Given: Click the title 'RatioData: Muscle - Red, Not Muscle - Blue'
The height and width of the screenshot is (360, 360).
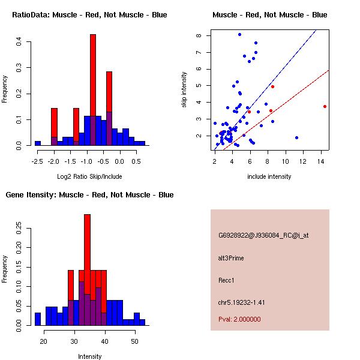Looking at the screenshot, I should tap(89, 15).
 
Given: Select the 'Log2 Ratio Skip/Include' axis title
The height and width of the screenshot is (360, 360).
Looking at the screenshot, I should tap(89, 176).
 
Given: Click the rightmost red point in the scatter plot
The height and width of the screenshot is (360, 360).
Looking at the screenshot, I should tap(325, 106).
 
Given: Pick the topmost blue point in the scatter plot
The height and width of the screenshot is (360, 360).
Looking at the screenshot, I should tap(239, 35).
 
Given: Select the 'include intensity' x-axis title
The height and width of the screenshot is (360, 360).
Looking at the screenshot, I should tap(269, 176).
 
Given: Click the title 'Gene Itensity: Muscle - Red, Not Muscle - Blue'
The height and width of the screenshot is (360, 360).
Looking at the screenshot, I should tap(89, 195).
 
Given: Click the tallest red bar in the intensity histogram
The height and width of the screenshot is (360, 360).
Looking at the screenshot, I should tap(87, 252).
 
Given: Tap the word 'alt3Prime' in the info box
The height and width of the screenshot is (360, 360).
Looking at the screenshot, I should tap(231, 258).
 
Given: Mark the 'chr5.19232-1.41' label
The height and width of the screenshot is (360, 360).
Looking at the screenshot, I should tap(241, 302).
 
